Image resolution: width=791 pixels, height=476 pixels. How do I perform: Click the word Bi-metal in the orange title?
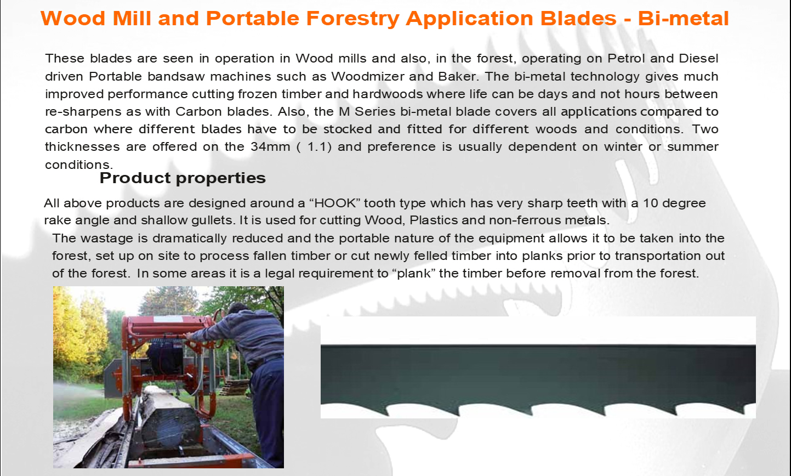pos(684,19)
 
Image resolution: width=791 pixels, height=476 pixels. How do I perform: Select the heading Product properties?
pos(183,178)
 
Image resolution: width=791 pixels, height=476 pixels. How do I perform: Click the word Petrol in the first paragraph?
pos(625,58)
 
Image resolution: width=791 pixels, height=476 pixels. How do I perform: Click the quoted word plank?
pos(414,274)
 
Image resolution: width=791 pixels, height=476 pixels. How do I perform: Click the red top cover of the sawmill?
pos(166,325)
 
